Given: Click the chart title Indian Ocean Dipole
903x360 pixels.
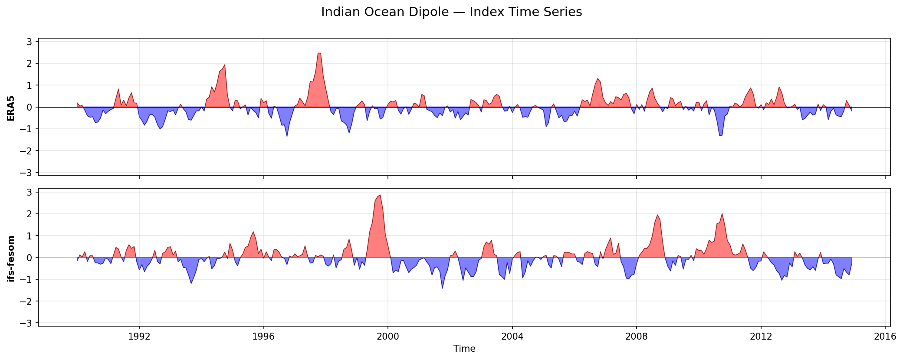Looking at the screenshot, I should (x=451, y=12).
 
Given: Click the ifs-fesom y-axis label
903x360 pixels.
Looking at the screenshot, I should (x=11, y=259).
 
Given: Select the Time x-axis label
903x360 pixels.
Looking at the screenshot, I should (x=464, y=349).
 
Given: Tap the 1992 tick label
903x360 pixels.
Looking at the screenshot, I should (x=139, y=337).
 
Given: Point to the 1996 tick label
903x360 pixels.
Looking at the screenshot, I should (x=263, y=337).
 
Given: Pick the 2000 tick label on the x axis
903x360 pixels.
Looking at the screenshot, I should (x=388, y=337).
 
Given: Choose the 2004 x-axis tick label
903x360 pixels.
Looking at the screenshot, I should (x=512, y=337).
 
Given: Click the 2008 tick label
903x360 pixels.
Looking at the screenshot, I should (x=637, y=337).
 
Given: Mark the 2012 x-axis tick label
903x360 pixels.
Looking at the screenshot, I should (x=761, y=337).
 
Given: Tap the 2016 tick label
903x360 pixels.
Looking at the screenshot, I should (x=885, y=337).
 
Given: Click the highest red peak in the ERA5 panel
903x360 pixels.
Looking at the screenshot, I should (x=319, y=53).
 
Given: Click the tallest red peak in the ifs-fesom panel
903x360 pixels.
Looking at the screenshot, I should (x=380, y=195).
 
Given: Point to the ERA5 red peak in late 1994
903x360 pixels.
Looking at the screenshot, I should (x=224, y=65).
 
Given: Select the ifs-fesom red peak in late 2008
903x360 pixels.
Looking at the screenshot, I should (x=657, y=215).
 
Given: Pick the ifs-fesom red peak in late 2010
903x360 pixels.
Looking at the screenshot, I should (x=722, y=214).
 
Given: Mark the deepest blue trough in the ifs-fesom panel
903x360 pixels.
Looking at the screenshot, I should (x=442, y=288).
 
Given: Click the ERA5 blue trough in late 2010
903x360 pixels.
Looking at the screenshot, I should (x=720, y=136).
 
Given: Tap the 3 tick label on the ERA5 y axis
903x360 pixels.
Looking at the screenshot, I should (x=30, y=42).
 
